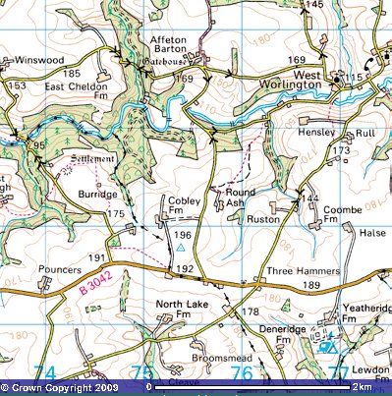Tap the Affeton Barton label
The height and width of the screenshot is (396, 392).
tap(174, 47)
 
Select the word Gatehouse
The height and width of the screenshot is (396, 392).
tap(172, 62)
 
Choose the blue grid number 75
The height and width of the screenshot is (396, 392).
tap(143, 372)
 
